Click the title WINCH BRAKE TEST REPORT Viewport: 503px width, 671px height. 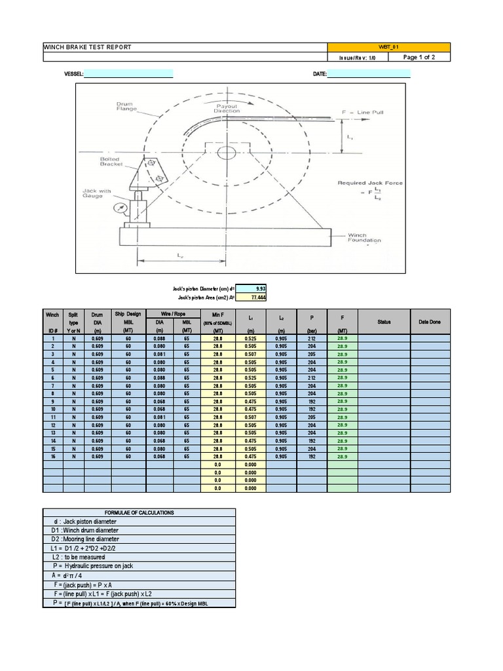(x=87, y=47)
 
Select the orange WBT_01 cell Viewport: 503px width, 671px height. (x=388, y=47)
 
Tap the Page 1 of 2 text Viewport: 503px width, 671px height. (x=419, y=57)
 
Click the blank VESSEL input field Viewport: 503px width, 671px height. (x=128, y=74)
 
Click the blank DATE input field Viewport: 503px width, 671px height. (x=368, y=74)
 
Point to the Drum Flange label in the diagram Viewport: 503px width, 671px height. (x=126, y=106)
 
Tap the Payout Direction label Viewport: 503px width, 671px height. (x=227, y=107)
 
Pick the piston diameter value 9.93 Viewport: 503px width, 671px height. (x=250, y=288)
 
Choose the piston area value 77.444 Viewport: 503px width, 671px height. (x=250, y=297)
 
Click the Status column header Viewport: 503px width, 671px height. (x=384, y=322)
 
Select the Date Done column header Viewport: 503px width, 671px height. (x=430, y=322)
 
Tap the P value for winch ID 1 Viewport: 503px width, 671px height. (x=312, y=339)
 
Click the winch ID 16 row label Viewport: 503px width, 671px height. (x=52, y=456)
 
